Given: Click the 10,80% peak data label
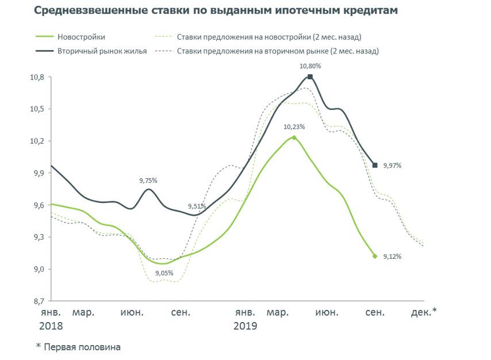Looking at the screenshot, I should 310,66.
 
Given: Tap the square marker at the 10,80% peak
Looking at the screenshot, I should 310,76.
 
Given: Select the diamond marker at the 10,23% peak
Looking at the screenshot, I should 294,137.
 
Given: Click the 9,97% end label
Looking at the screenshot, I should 392,166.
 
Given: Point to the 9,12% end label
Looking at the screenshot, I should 392,256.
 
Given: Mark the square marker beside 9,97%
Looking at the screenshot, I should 375,165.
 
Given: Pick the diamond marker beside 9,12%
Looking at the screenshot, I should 375,256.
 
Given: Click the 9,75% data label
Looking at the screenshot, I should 148,181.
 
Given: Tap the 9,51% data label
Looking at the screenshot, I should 198,206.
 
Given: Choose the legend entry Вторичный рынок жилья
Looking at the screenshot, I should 102,51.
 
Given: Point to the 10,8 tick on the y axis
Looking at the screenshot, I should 36,77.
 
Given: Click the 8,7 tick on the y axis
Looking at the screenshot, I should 36,301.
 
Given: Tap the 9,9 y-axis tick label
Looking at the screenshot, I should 36,173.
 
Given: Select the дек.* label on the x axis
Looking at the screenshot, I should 424,312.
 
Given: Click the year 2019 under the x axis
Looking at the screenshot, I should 245,326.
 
